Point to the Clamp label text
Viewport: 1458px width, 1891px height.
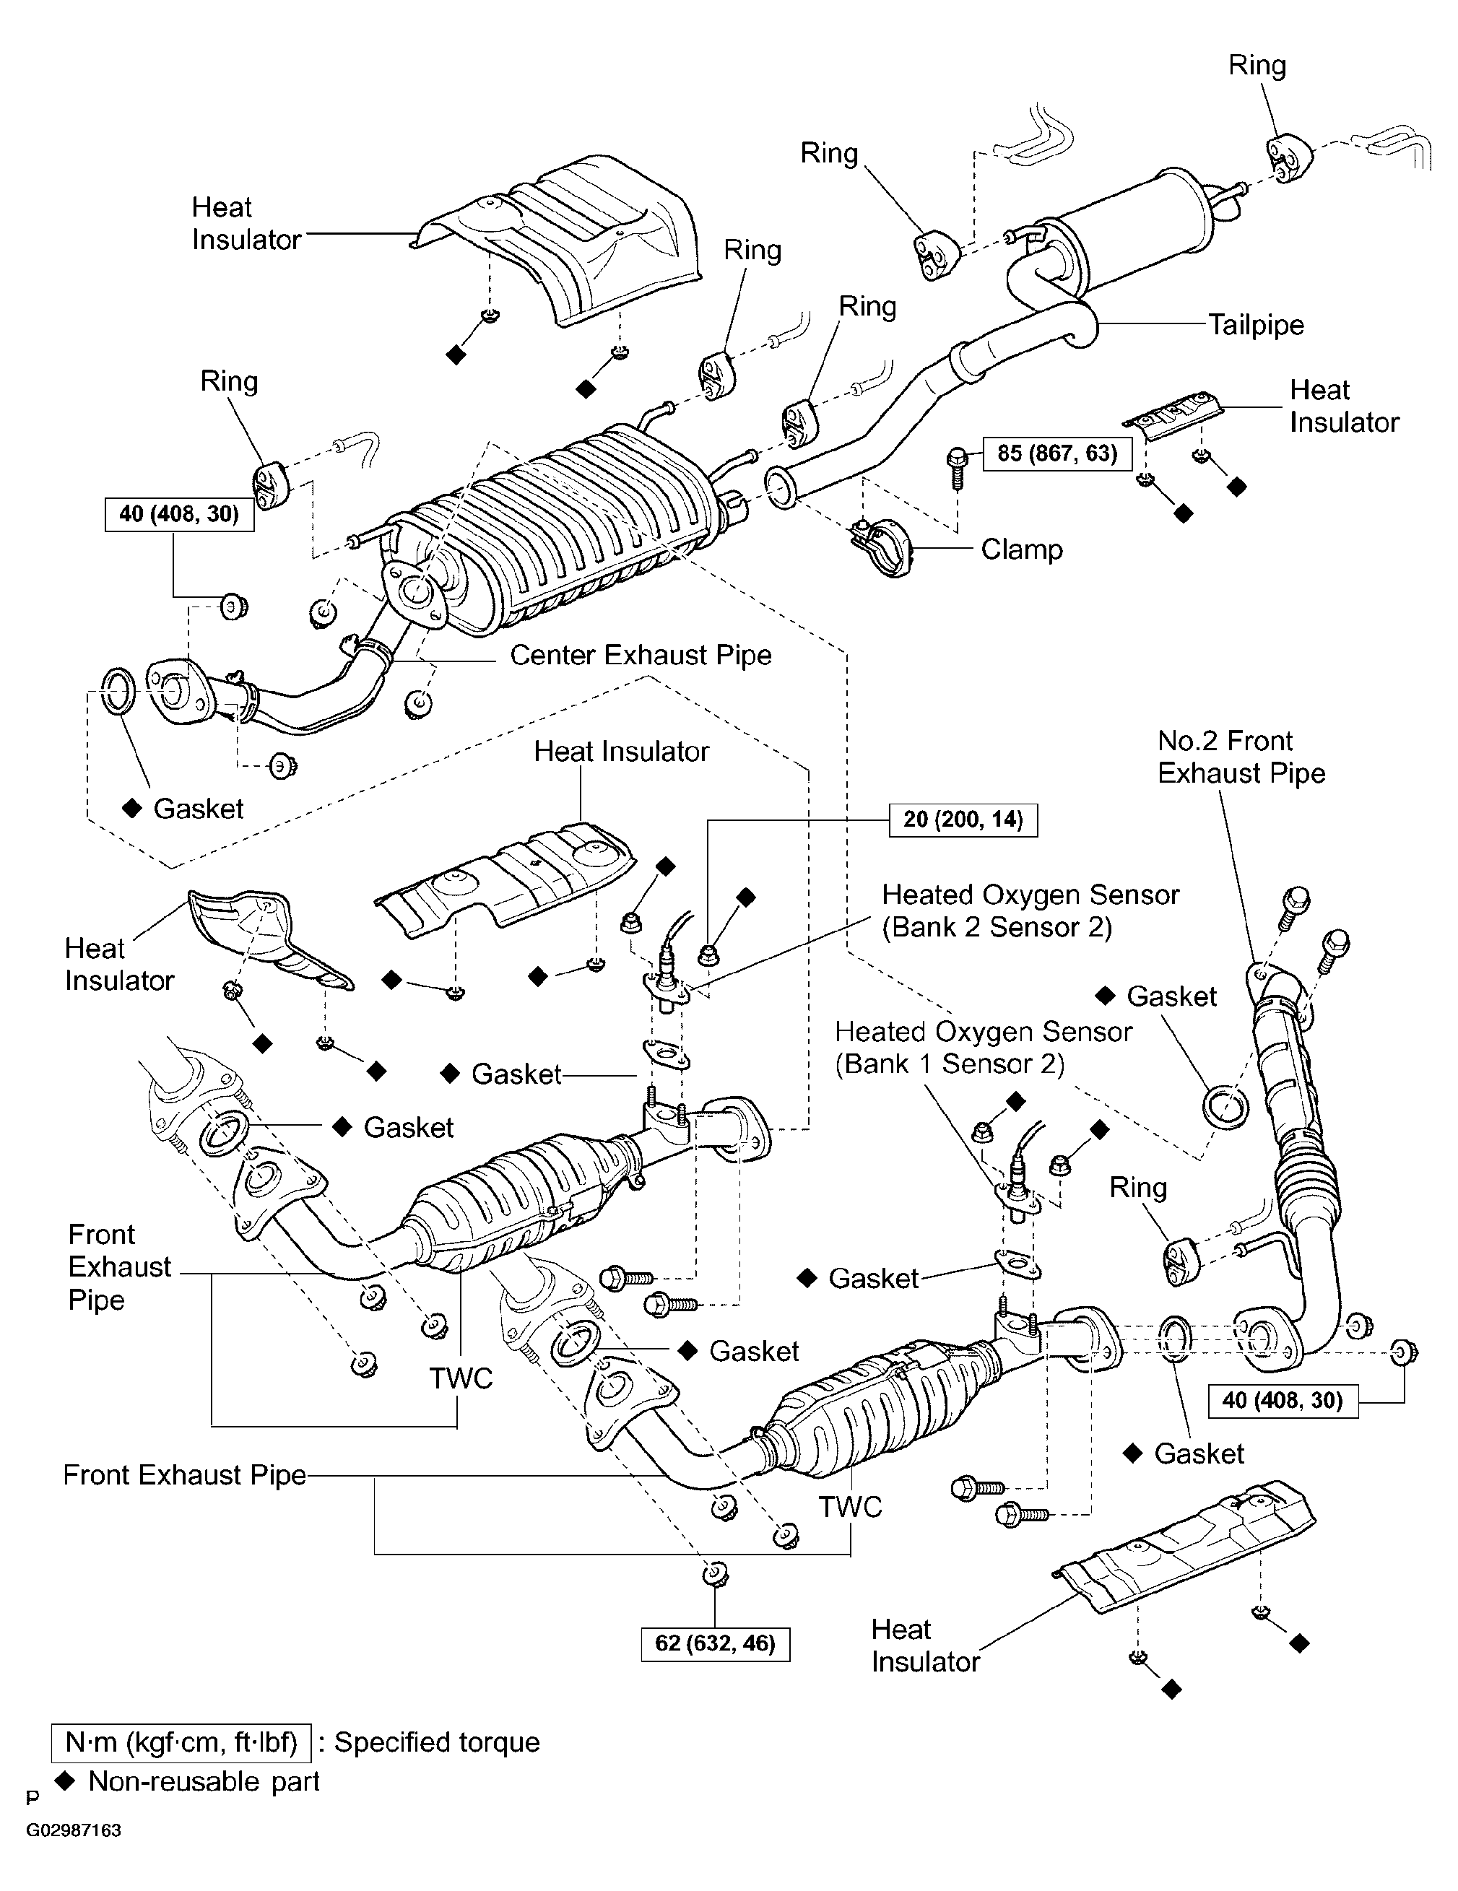[x=1022, y=549]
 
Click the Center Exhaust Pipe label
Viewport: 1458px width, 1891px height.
[x=641, y=655]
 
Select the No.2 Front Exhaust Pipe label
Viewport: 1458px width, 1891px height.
[x=1241, y=757]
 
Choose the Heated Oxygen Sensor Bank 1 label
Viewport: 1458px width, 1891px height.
[x=984, y=1047]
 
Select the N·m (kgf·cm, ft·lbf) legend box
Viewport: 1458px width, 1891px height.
[x=181, y=1742]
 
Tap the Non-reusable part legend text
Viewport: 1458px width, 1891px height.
[x=204, y=1781]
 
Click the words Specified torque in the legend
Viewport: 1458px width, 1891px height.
[x=437, y=1742]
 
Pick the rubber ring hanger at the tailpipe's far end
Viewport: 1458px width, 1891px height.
[x=1290, y=158]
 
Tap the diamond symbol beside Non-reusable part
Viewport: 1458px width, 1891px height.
[x=64, y=1781]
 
